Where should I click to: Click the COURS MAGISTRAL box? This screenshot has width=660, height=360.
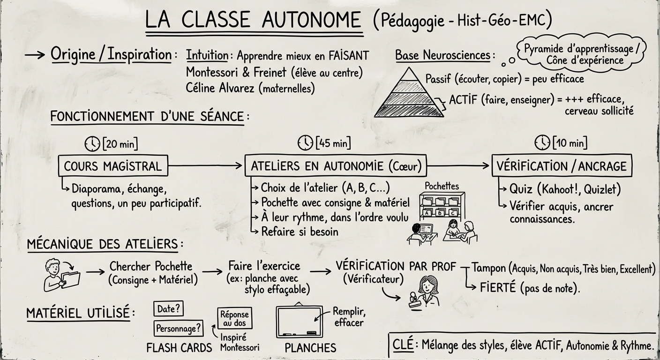pos(112,166)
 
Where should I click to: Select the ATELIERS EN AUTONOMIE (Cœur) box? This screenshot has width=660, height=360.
pos(336,166)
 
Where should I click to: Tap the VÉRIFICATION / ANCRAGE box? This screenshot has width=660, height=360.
pos(562,166)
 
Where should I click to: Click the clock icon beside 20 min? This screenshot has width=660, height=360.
pos(92,143)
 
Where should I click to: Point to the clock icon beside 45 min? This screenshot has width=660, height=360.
pos(306,142)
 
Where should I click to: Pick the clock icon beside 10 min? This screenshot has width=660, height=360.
pos(542,142)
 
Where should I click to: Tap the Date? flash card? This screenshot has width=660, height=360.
pos(168,309)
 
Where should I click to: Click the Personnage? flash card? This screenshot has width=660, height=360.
pos(179,328)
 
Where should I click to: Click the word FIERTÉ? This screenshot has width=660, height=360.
pos(497,287)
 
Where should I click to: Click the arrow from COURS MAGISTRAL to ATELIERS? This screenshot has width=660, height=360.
pos(206,165)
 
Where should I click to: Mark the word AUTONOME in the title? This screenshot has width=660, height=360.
pos(311,20)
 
